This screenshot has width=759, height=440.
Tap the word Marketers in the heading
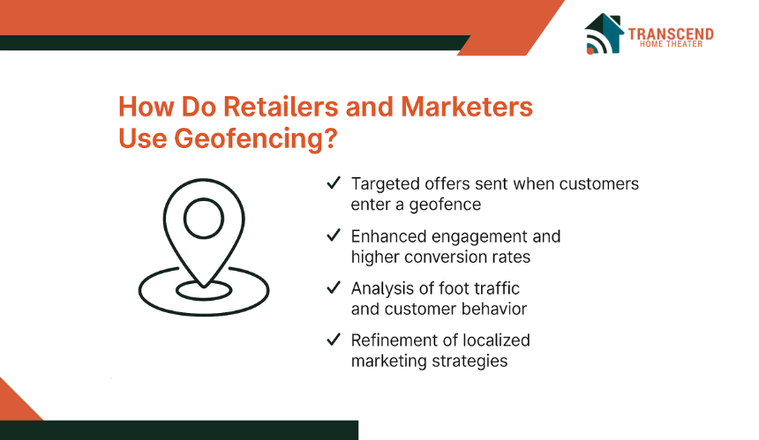(x=467, y=107)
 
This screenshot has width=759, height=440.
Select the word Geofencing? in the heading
(x=256, y=138)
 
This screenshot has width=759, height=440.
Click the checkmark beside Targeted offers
(x=334, y=183)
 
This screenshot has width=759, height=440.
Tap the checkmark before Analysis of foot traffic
(x=334, y=287)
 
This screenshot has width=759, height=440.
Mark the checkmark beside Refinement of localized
(x=334, y=339)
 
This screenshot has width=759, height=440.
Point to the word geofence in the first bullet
(x=445, y=205)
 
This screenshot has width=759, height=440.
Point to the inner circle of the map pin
(x=204, y=198)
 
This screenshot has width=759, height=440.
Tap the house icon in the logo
(x=604, y=33)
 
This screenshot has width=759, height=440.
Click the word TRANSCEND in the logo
(x=671, y=34)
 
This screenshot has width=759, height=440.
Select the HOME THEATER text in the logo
(x=671, y=44)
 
